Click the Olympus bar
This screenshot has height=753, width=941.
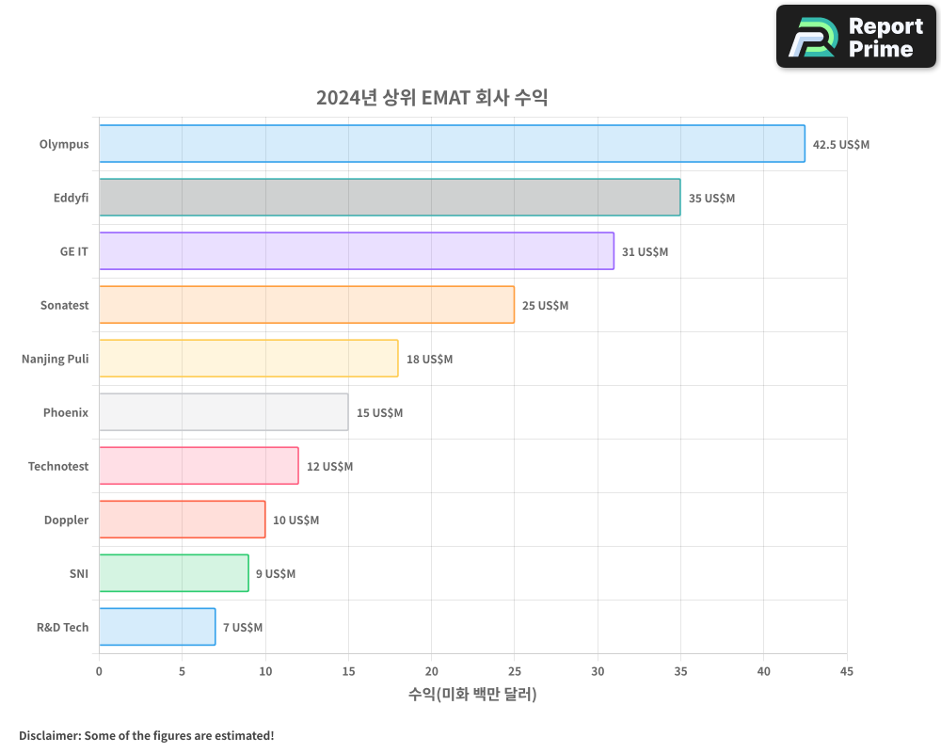pos(452,144)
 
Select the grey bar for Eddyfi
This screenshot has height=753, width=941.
pos(390,198)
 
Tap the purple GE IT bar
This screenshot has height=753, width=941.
pos(357,251)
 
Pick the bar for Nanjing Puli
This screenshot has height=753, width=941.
pos(248,359)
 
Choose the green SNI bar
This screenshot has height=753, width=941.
pos(174,573)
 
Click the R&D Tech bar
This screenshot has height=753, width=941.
pos(157,627)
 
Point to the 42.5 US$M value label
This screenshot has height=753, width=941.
pos(841,145)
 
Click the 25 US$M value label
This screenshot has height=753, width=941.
pos(545,306)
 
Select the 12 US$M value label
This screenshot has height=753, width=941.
pos(329,467)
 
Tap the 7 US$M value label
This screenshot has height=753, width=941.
pos(243,628)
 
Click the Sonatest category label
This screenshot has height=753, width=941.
pos(64,306)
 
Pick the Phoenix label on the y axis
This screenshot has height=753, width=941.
pos(66,413)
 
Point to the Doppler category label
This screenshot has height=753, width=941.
pos(66,521)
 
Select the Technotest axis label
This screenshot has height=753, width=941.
pos(58,467)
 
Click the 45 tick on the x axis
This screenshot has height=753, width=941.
pos(847,671)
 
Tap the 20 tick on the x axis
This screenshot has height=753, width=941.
pos(431,671)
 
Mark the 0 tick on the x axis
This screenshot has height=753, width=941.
pos(99,671)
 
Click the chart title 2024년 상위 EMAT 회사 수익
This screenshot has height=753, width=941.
pos(432,98)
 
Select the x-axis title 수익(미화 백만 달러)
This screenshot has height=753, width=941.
pos(472,695)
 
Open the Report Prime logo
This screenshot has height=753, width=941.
pos(856,37)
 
